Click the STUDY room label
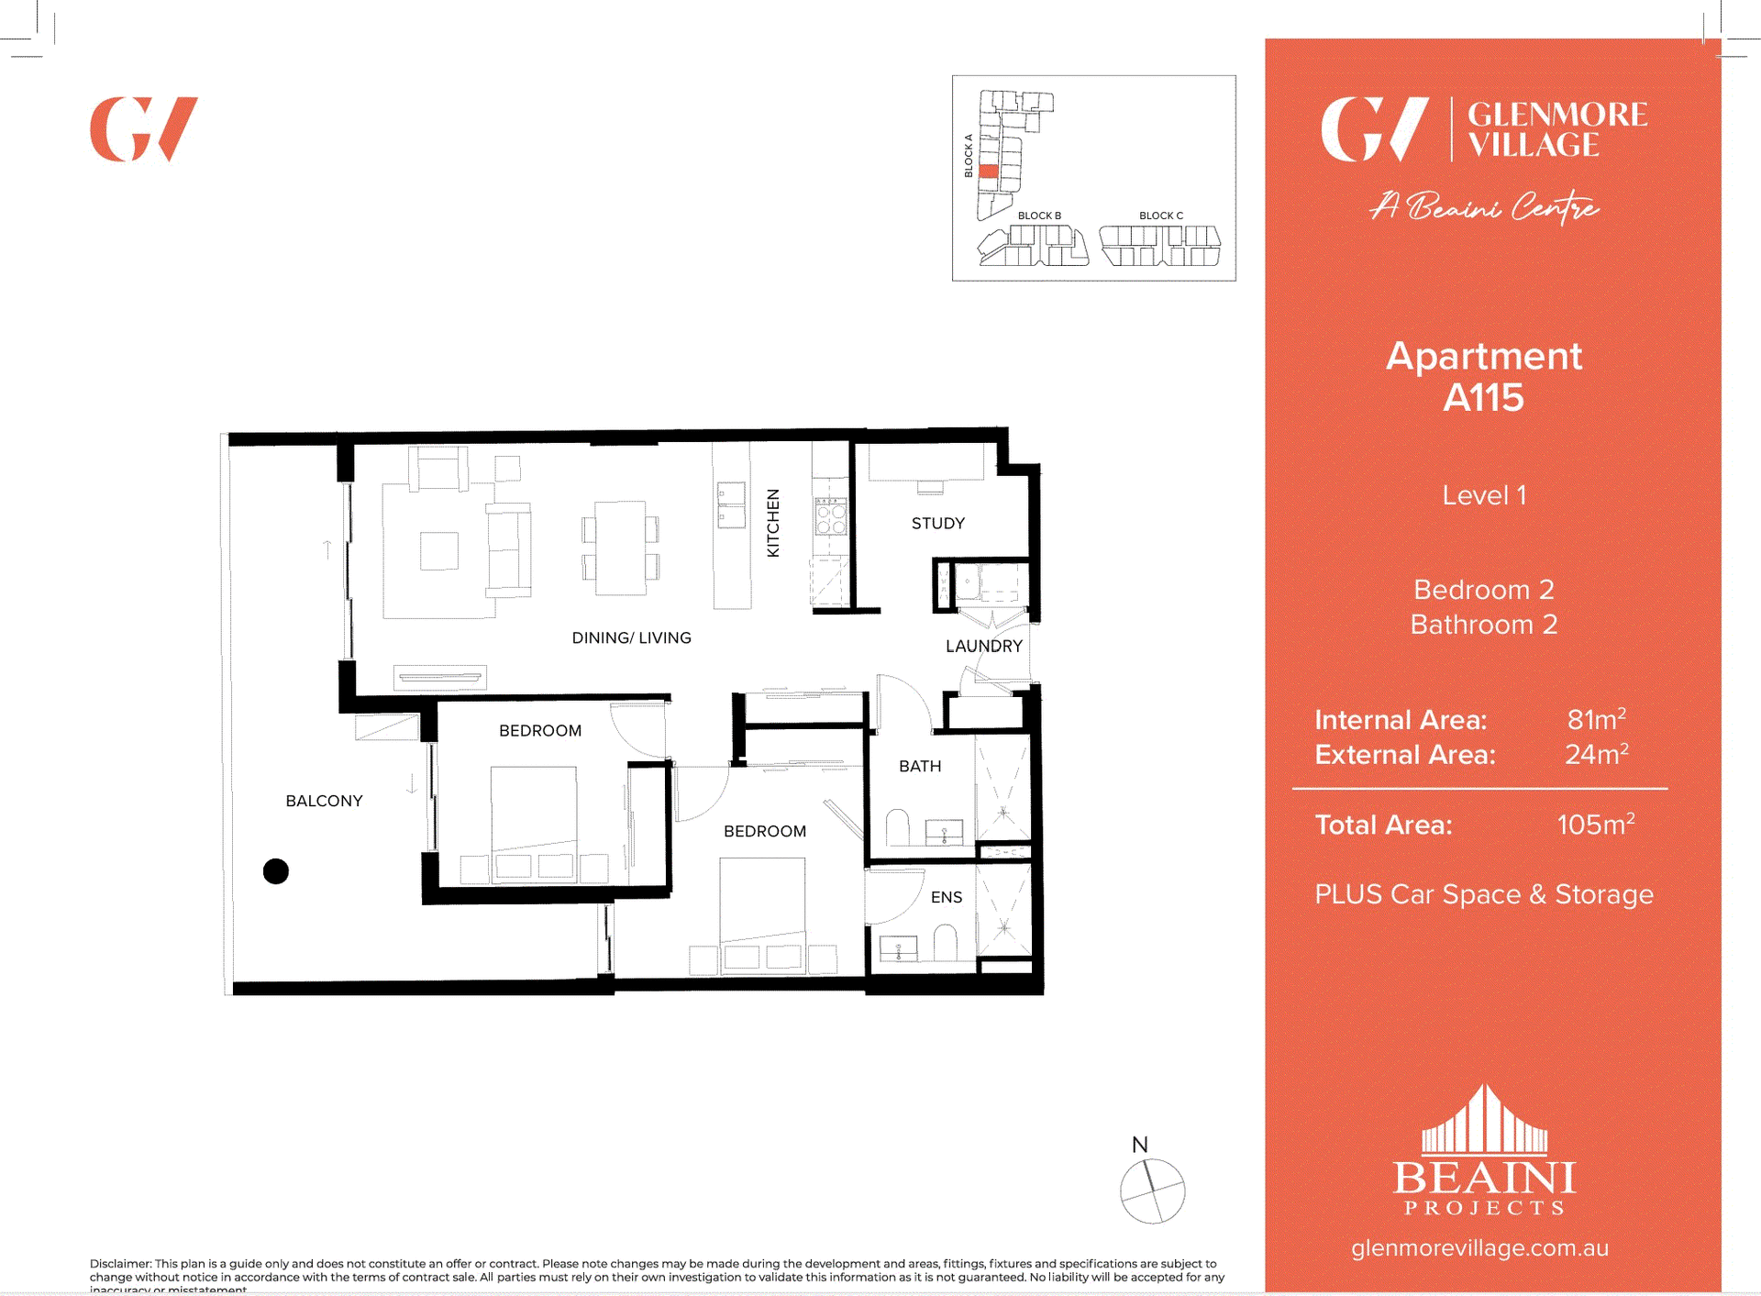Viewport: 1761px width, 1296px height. tap(937, 523)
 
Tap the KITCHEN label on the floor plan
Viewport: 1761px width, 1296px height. tap(773, 522)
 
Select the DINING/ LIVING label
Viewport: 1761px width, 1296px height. tap(631, 637)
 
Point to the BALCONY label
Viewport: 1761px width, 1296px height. tap(324, 801)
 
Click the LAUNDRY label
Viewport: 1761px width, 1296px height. tap(983, 646)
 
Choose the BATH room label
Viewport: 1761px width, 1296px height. tap(919, 766)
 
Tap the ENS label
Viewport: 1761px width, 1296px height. tap(946, 897)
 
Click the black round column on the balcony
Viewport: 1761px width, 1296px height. tap(275, 870)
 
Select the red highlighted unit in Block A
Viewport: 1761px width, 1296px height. tap(988, 172)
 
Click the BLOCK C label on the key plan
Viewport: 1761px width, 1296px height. tap(1160, 216)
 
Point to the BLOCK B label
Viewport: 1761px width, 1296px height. tap(1038, 216)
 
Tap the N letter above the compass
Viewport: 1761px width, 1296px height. tap(1139, 1145)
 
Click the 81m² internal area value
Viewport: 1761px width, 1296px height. tap(1596, 719)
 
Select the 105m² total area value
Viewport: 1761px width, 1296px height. tap(1595, 824)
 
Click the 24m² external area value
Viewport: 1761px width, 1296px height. tap(1596, 754)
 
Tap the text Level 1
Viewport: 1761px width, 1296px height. tap(1483, 495)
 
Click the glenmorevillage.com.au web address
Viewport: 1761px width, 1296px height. tap(1479, 1247)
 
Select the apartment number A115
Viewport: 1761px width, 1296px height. tap(1483, 397)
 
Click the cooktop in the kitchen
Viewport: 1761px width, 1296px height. tap(830, 517)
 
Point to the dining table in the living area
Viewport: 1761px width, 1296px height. tap(620, 548)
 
